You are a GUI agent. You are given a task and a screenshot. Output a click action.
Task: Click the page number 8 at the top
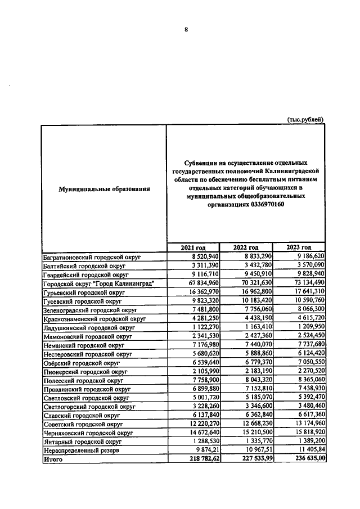click(186, 30)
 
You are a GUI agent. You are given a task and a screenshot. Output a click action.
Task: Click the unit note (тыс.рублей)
click(305, 119)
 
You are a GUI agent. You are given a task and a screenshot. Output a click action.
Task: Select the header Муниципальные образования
click(104, 189)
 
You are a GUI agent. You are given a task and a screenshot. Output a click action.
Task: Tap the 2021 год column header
click(192, 247)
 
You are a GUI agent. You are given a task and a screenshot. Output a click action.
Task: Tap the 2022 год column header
click(245, 247)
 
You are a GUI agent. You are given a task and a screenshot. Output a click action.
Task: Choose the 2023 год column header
click(298, 247)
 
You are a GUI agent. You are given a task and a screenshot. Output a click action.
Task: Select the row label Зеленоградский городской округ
click(90, 310)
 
